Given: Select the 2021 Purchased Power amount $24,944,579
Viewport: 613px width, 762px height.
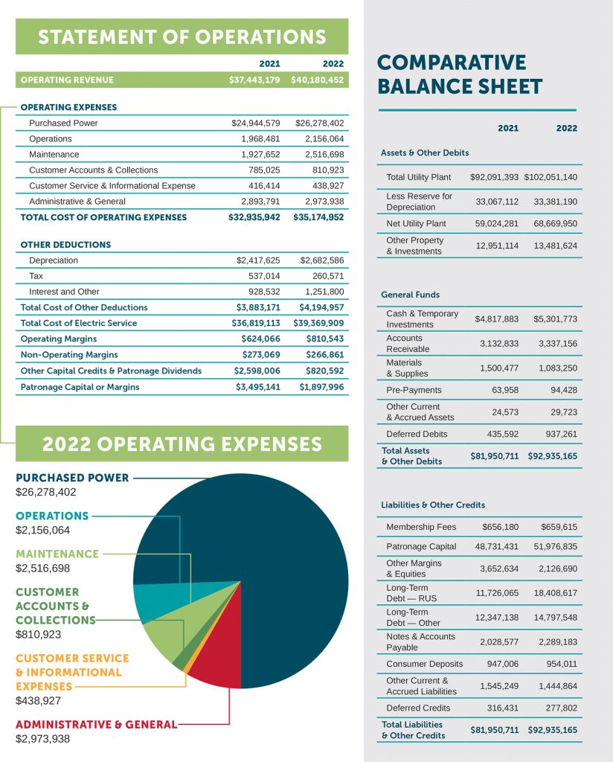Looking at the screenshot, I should coord(256,123).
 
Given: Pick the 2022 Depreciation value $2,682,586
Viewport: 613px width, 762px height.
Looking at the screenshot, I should coord(321,260).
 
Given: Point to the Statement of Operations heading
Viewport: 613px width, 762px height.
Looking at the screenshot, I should coord(182,36).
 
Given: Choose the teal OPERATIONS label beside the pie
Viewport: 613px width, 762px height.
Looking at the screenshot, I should coord(52,516).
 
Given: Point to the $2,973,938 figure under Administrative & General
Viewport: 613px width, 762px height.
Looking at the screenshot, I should coord(43,738).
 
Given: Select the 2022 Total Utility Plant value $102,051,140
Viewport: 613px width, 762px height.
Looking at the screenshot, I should coord(551,178).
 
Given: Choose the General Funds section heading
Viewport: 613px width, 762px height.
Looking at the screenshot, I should coord(410,295).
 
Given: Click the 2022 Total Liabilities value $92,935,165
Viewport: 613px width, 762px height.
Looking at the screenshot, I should coord(552,730).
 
